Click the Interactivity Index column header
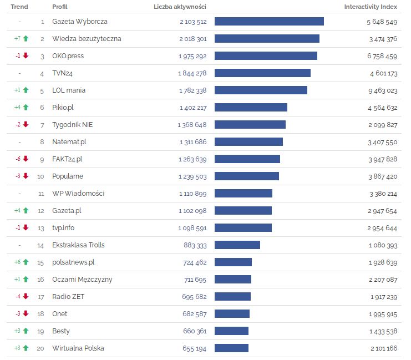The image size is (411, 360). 371,7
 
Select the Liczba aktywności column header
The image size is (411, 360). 180,7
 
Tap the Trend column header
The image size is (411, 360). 19,7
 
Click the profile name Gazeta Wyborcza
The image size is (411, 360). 80,22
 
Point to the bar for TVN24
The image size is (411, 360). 262,73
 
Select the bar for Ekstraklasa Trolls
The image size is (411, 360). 237,245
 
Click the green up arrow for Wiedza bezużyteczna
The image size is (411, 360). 26,39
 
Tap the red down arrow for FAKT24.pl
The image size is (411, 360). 26,159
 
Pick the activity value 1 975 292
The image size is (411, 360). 192,56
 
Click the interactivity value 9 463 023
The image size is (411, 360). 382,90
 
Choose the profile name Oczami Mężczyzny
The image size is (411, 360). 82,280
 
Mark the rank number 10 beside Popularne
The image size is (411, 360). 40,176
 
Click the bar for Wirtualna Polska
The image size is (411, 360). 231,348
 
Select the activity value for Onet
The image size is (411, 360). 194,314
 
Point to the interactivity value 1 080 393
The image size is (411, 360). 383,245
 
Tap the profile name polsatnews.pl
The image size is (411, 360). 73,262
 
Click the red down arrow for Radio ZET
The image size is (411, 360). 26,297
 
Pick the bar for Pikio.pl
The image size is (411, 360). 251,108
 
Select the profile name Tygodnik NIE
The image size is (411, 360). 73,125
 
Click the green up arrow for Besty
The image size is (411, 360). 26,331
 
